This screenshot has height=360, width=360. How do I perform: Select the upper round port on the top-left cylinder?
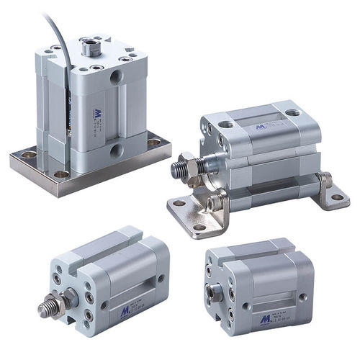pos(116,76)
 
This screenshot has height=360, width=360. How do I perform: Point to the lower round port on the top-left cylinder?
pos(115,151)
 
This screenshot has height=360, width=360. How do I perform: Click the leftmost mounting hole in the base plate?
pos(28,154)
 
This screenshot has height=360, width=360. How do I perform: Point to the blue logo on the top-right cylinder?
pos(259,127)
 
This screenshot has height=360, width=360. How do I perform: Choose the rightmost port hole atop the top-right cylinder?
pos(292,113)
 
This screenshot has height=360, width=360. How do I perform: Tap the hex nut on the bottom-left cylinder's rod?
pos(71,294)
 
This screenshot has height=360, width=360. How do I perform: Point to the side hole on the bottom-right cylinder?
pos(303,296)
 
